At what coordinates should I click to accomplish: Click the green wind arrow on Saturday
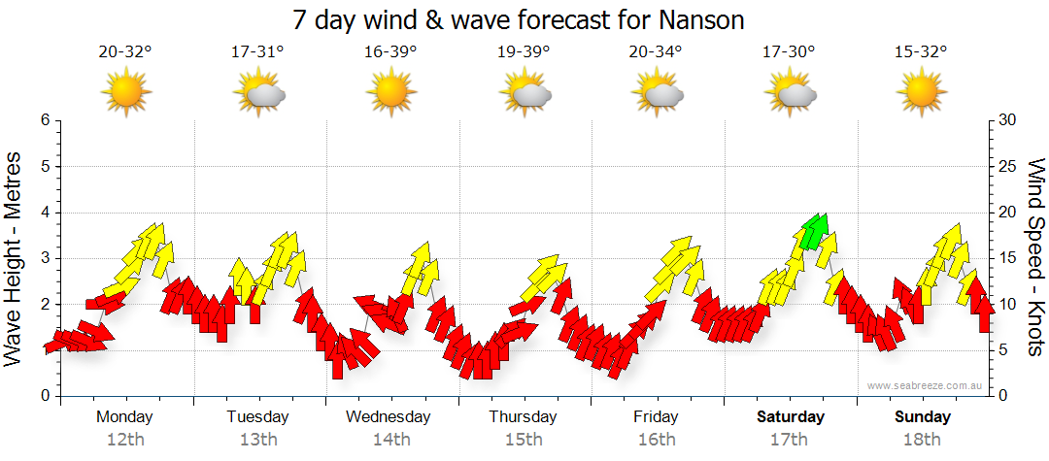pos(815,230)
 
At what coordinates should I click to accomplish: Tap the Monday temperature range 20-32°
pos(125,52)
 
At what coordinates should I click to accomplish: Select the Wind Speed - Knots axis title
pos(1034,258)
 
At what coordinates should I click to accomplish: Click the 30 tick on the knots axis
pos(1008,120)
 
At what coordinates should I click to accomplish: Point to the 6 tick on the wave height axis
pos(45,120)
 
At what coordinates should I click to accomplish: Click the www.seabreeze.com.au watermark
pos(926,386)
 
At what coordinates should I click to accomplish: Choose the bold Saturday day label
pos(791,417)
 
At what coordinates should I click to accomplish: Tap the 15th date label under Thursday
pos(524,440)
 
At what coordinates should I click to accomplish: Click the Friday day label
pos(657,417)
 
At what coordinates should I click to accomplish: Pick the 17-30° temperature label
pos(789,52)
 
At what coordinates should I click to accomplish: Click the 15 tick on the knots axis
pos(1008,258)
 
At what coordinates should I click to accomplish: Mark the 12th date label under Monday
pos(125,440)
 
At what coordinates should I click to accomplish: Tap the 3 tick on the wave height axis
pos(45,258)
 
